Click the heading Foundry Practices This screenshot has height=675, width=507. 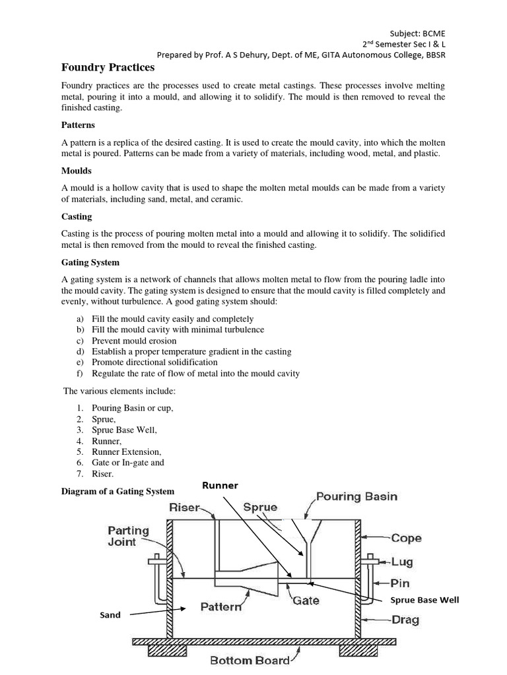[x=108, y=67]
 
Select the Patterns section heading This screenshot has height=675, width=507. [x=78, y=124]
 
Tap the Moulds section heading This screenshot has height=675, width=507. [x=76, y=170]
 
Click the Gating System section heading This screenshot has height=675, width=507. [x=90, y=262]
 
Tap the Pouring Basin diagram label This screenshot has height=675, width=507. [x=356, y=496]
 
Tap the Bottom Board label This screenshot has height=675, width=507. [x=250, y=660]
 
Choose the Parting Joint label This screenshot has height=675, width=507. [x=129, y=536]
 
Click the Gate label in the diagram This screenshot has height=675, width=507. [x=306, y=601]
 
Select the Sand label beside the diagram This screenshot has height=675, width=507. [x=110, y=615]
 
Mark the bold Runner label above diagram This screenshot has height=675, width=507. [x=220, y=485]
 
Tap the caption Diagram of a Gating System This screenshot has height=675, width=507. [x=118, y=491]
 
